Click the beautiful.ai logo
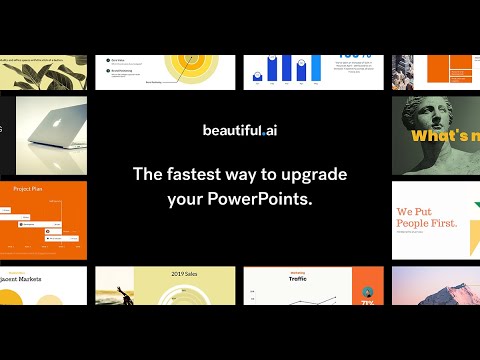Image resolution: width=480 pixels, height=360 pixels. [240, 131]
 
